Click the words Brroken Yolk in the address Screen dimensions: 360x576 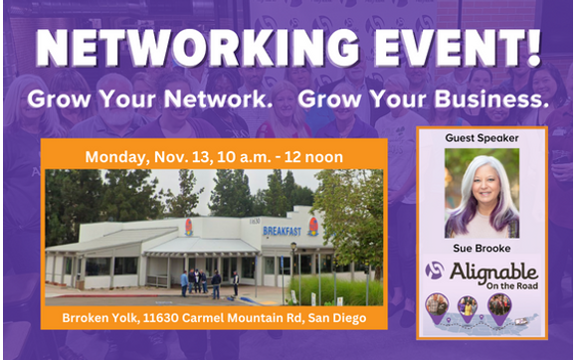(100, 317)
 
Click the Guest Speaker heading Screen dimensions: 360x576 (481, 140)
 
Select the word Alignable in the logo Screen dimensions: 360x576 (494, 270)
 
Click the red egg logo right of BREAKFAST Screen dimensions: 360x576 (312, 227)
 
